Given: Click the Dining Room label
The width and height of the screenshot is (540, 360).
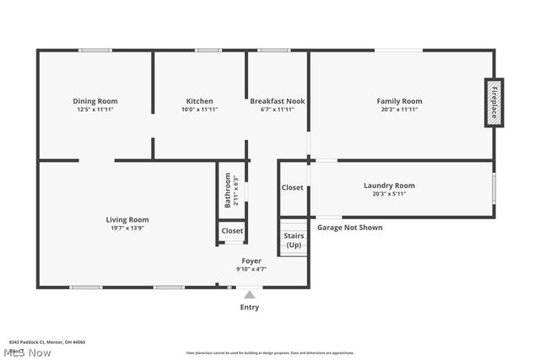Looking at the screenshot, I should [94, 101].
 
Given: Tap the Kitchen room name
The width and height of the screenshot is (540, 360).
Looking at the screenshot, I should [199, 101].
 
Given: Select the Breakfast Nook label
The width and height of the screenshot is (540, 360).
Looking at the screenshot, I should [278, 101].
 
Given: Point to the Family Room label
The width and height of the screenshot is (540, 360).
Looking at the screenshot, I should [399, 101].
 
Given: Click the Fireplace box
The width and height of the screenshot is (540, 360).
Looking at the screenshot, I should [494, 103].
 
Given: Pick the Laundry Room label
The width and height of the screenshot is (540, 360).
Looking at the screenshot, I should [389, 185].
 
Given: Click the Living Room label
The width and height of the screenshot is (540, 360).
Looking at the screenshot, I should [127, 219].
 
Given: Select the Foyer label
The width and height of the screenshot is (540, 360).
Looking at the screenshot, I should [251, 261].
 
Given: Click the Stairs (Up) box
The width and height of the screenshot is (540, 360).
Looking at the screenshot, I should [294, 239].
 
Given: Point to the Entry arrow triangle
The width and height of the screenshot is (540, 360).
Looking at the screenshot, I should [249, 294].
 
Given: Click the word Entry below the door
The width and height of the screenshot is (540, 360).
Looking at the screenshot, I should [249, 308].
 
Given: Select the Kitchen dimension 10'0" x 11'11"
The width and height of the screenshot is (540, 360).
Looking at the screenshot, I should [199, 110].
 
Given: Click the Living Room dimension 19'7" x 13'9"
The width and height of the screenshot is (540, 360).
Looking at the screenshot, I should [127, 228].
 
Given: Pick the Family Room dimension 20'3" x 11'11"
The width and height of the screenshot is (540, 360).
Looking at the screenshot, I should [399, 110].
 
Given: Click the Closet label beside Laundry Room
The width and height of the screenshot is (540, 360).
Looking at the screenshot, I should [292, 187].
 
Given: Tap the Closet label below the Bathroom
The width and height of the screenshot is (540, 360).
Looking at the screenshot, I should [232, 231].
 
